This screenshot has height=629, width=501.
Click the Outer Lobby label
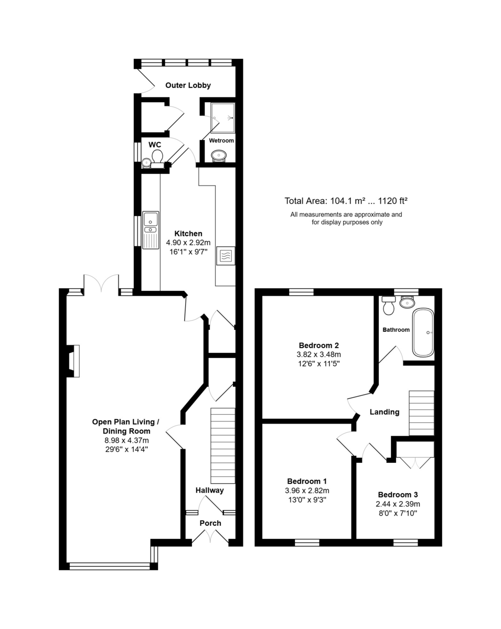pyautogui.click(x=188, y=85)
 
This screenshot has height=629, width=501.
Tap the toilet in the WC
pyautogui.click(x=157, y=159)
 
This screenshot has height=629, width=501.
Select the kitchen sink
pyautogui.click(x=151, y=230)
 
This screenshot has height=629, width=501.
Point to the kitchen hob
pyautogui.click(x=226, y=256)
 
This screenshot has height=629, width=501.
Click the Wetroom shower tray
pyautogui.click(x=223, y=117)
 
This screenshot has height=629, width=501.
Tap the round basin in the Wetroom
pyautogui.click(x=219, y=155)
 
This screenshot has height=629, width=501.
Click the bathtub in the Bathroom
pyautogui.click(x=423, y=332)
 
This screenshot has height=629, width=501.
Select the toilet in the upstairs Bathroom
pyautogui.click(x=389, y=306)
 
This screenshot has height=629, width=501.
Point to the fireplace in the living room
pyautogui.click(x=73, y=361)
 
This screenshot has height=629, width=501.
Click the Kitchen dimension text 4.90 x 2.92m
pyautogui.click(x=188, y=242)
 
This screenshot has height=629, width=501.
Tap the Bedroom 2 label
pyautogui.click(x=318, y=345)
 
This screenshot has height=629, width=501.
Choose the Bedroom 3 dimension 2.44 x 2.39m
pyautogui.click(x=398, y=504)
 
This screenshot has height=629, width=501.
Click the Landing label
pyautogui.click(x=384, y=412)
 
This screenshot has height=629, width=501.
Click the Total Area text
pyautogui.click(x=346, y=201)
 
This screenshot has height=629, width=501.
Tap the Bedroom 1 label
pyautogui.click(x=307, y=481)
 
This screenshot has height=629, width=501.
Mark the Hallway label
pyautogui.click(x=209, y=490)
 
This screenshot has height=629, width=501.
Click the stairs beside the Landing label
pyautogui.click(x=421, y=413)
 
